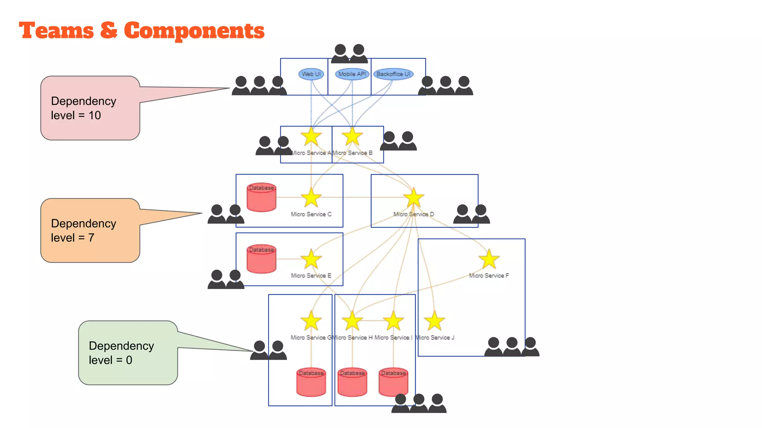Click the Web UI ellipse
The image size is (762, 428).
pos(311,74)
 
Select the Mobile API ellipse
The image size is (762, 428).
pos(352,74)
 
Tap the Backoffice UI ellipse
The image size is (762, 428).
pos(393,74)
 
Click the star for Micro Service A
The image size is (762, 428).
pos(311,137)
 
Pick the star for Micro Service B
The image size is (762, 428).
pos(352,137)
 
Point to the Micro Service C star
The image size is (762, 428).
pos(311,198)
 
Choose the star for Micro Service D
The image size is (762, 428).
pos(413,198)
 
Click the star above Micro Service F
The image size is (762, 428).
pos(489,259)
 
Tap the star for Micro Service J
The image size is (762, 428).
pos(434,321)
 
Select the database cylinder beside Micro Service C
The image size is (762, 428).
pos(262,197)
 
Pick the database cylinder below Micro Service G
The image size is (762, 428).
pos(311,382)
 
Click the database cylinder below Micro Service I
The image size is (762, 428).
pos(393,382)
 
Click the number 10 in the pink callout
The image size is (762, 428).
pos(95,115)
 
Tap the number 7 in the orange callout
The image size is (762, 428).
pos(91,237)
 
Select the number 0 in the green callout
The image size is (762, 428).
pos(129,360)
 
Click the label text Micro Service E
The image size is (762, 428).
pos(311,276)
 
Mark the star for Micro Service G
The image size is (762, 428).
pos(311,321)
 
